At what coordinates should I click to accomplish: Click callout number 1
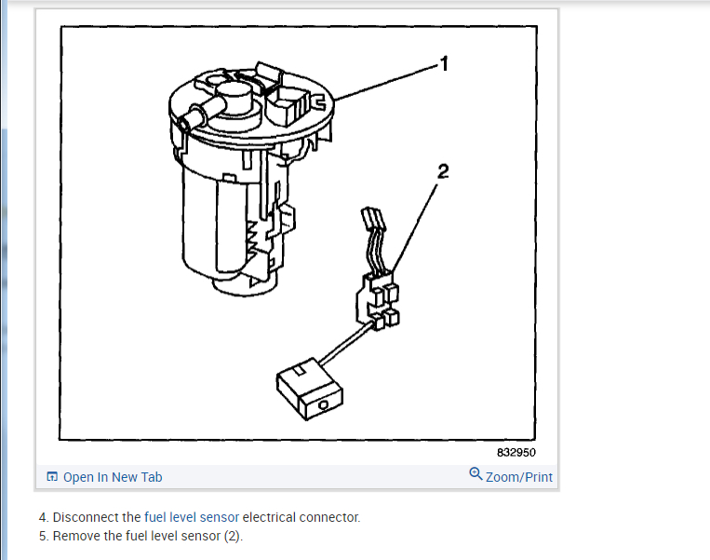[x=444, y=63]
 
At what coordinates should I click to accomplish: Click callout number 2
[x=443, y=171]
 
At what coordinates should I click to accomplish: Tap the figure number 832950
[x=516, y=454]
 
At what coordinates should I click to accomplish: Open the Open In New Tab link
[x=113, y=477]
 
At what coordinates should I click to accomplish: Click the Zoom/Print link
[x=518, y=477]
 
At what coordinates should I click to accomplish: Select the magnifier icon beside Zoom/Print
[x=476, y=474]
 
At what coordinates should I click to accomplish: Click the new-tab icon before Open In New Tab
[x=53, y=477]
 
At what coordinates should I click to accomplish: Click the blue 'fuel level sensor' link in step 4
[x=192, y=517]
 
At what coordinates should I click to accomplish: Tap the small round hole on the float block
[x=322, y=406]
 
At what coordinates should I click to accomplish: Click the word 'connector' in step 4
[x=329, y=517]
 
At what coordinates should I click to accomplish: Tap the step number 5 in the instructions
[x=42, y=536]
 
